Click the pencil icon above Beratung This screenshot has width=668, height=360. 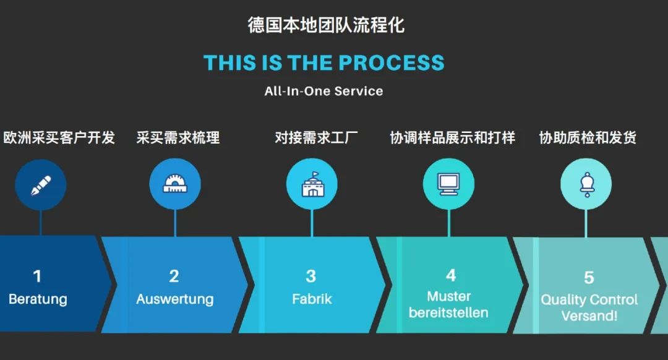(41, 186)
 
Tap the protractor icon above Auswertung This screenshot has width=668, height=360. (175, 184)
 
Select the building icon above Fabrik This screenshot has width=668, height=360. (312, 184)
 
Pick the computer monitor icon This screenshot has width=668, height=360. (449, 184)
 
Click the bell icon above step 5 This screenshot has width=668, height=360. (586, 184)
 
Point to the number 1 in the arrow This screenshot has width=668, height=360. (38, 276)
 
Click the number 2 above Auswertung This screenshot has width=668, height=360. (174, 276)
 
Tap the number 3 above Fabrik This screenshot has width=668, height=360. (311, 276)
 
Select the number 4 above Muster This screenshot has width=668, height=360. (451, 275)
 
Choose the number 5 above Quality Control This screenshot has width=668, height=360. (589, 278)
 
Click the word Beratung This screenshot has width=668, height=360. (38, 299)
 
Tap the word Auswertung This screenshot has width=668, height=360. (174, 299)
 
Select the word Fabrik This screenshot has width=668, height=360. (312, 299)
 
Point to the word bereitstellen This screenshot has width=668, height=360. (448, 313)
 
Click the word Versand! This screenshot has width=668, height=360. (589, 316)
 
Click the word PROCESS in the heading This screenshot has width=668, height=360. (392, 62)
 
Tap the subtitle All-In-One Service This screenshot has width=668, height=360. (323, 91)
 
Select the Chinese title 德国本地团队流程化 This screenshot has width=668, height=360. (327, 25)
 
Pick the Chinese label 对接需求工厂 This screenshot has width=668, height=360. (317, 137)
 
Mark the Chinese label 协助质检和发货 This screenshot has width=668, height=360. (588, 137)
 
